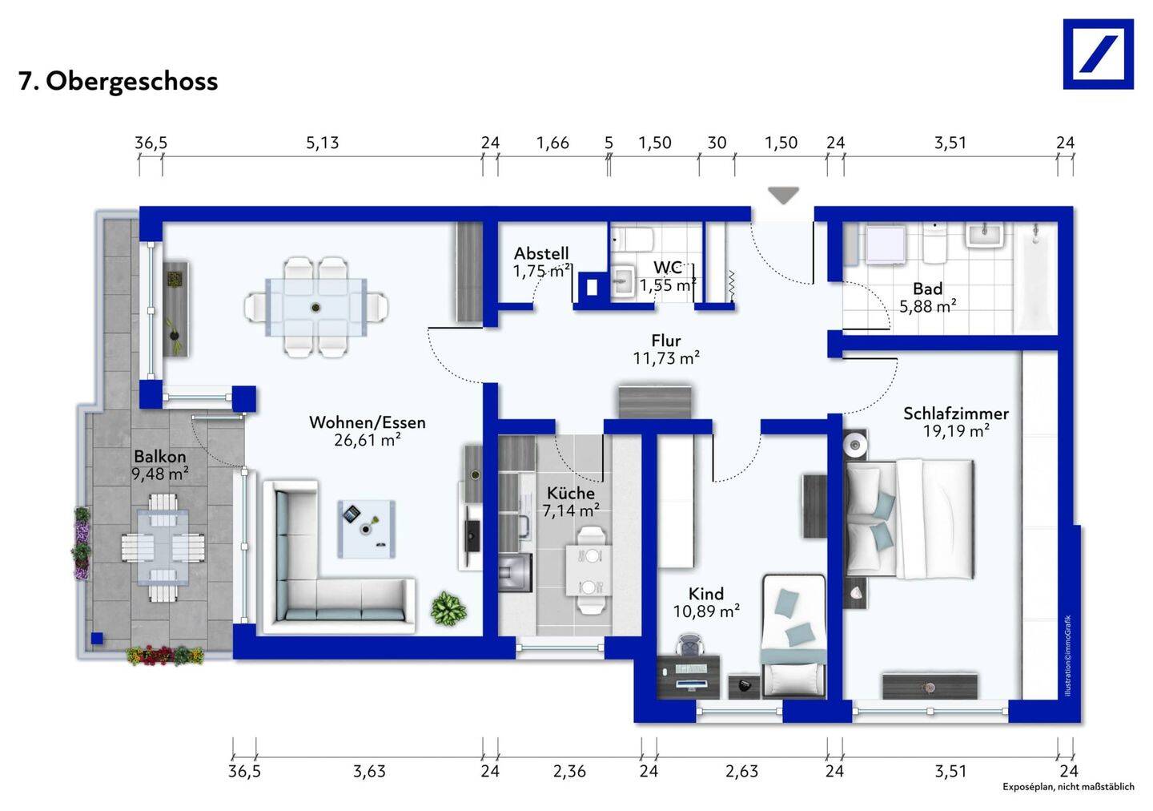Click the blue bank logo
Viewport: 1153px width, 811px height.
click(x=1098, y=54)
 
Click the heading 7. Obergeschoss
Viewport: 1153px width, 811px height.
click(x=119, y=82)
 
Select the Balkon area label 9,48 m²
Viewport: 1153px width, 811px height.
click(x=160, y=474)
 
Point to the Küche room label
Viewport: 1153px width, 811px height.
click(x=570, y=493)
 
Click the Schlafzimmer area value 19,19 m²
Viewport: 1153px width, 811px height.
click(x=956, y=431)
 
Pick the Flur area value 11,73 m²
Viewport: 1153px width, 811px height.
click(x=666, y=358)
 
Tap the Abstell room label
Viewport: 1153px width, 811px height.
click(x=541, y=253)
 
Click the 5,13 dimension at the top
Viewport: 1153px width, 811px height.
click(x=323, y=143)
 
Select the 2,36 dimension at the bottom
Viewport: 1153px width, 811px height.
click(x=569, y=771)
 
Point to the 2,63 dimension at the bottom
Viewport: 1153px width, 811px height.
click(x=741, y=771)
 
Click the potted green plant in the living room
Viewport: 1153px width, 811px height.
click(x=449, y=608)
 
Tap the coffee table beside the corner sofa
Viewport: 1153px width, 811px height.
click(x=367, y=529)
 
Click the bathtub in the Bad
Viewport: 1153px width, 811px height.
click(x=1035, y=277)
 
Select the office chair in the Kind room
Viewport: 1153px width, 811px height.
click(x=689, y=646)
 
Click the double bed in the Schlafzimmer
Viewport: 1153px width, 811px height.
click(x=910, y=518)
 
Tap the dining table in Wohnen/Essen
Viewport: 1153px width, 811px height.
click(x=316, y=308)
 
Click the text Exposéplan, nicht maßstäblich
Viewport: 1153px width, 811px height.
click(x=1068, y=787)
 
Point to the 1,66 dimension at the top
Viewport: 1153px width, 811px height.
click(x=552, y=143)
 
